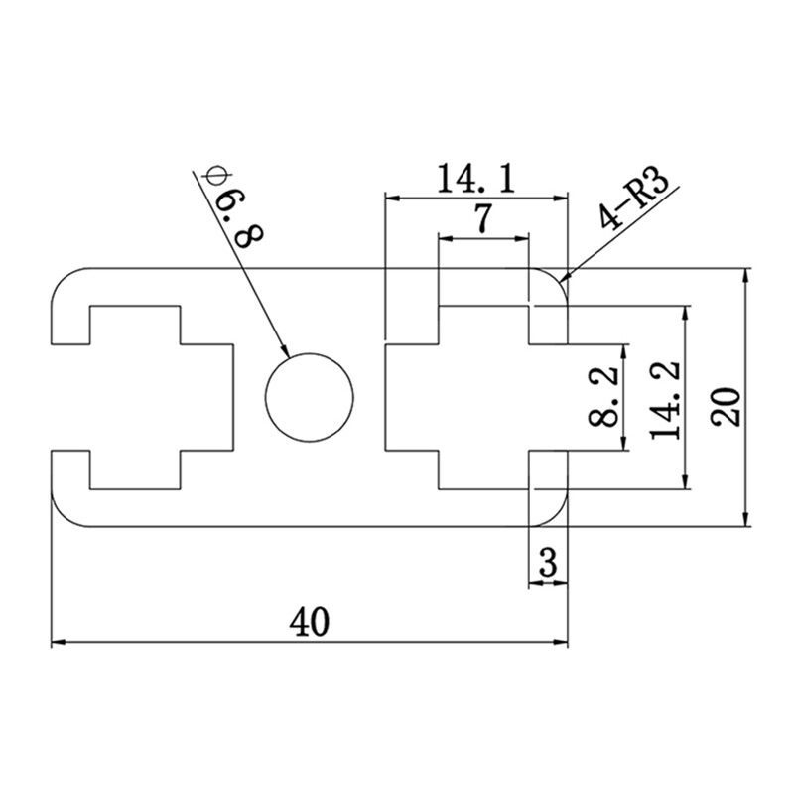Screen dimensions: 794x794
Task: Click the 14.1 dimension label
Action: click(x=475, y=179)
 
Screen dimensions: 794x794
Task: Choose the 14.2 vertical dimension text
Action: click(x=663, y=397)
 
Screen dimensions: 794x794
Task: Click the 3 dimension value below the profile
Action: click(x=547, y=565)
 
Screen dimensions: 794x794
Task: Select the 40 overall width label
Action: click(x=309, y=622)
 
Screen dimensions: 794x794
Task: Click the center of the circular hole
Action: click(x=310, y=397)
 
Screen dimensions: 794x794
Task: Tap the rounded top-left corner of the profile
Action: click(x=63, y=278)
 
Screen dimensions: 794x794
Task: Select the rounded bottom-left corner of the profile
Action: click(x=63, y=516)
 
